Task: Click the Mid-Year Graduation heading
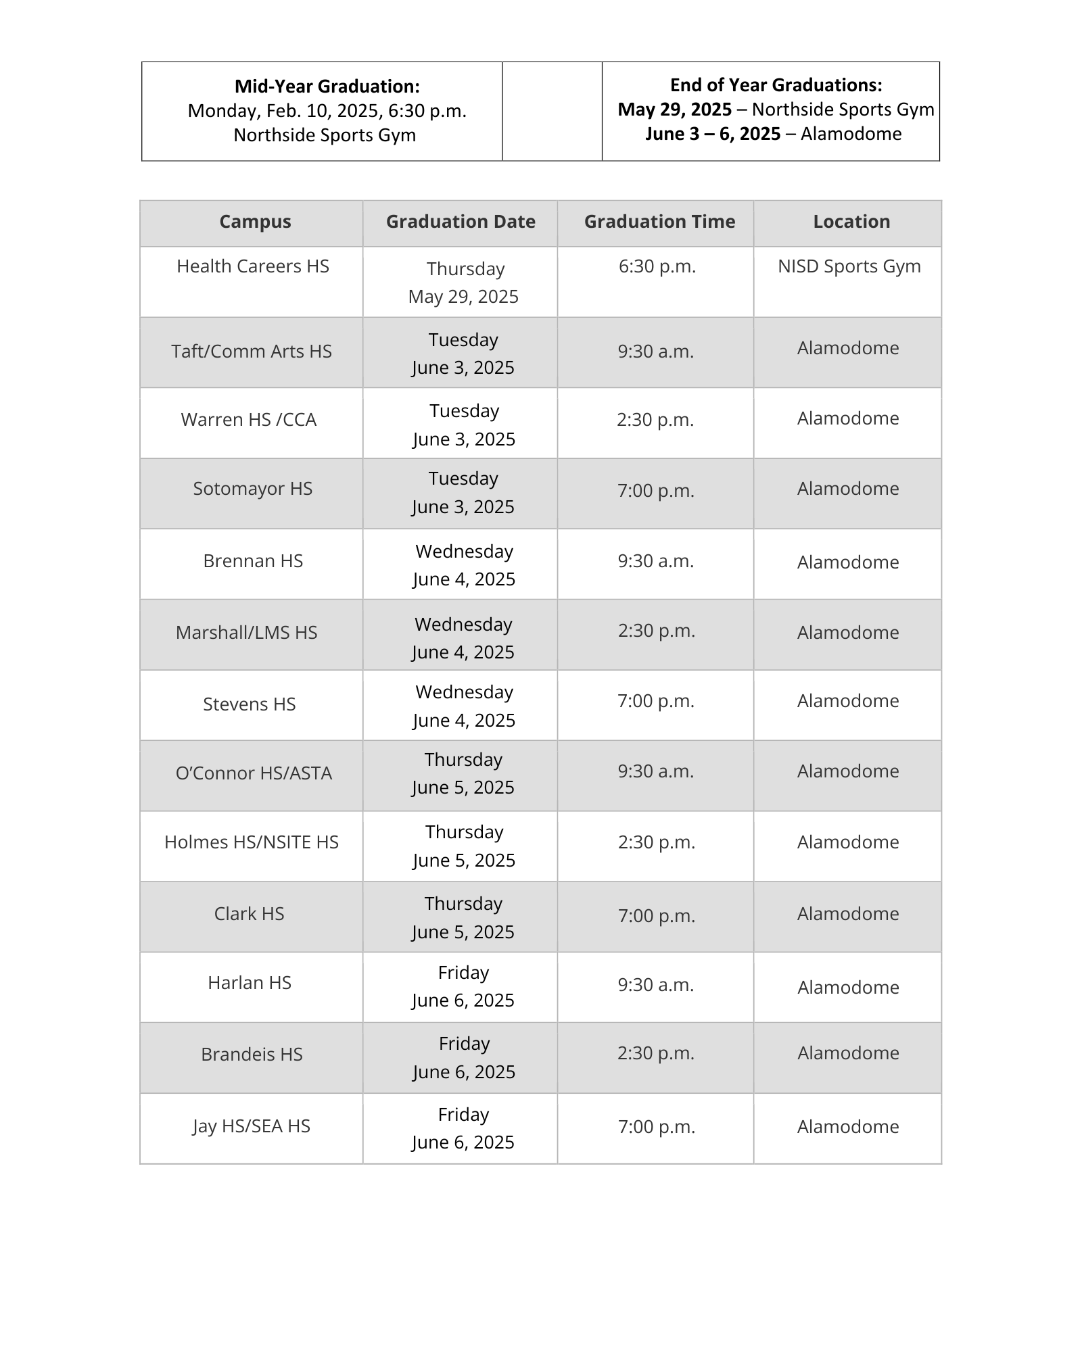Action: tap(327, 87)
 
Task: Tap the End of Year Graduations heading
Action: tap(776, 85)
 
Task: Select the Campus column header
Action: tap(255, 222)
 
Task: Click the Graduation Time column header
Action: tap(659, 222)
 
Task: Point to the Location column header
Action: tap(851, 222)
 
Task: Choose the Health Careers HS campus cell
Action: tap(253, 266)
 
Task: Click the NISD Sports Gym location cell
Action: tap(849, 266)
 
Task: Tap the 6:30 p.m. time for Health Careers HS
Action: tap(657, 266)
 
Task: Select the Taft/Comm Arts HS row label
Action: tap(252, 352)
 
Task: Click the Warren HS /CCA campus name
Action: tap(249, 420)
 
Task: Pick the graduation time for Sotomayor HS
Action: tap(656, 491)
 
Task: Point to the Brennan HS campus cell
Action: tap(253, 561)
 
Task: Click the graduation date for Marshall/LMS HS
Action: tap(463, 638)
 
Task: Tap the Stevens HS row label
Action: tap(250, 704)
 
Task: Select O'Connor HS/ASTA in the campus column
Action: tap(254, 773)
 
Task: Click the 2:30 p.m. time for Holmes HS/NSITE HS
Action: tap(657, 842)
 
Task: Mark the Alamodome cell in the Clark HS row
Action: tap(848, 914)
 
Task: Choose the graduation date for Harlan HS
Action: tap(463, 986)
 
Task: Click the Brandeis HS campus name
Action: tap(252, 1055)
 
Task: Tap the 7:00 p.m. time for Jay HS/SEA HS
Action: tap(657, 1127)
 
